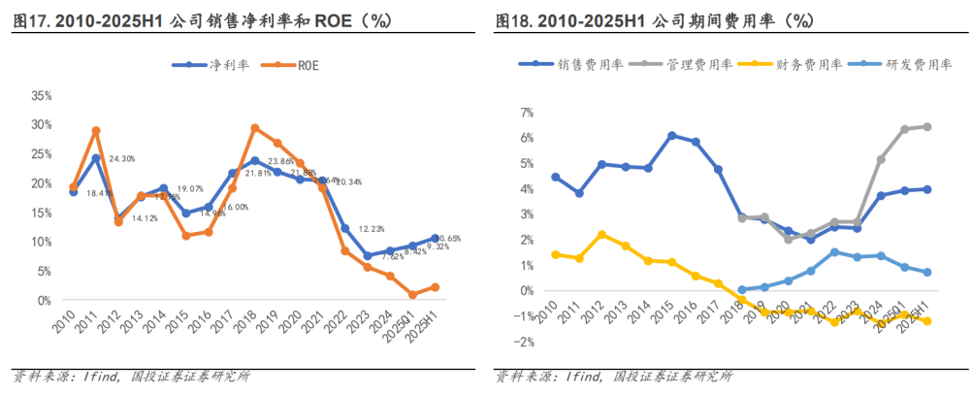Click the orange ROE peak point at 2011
tap(96, 130)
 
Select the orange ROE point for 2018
tap(254, 127)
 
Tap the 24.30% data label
tap(121, 158)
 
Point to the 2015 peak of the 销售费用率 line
tap(671, 135)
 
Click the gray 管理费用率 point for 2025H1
tap(927, 126)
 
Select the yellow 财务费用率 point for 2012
tap(601, 234)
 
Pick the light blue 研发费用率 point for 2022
tap(834, 251)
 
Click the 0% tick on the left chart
tap(44, 301)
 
